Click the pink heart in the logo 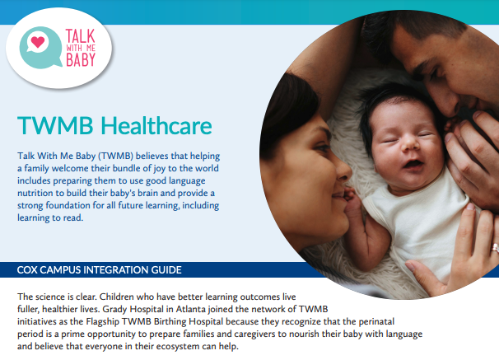(38, 42)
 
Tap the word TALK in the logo (80, 36)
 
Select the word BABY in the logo (81, 59)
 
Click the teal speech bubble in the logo (40, 48)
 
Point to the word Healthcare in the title (156, 126)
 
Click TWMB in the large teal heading (55, 126)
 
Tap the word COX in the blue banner (27, 270)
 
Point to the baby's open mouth (413, 165)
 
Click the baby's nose (409, 145)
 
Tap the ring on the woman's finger (495, 247)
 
